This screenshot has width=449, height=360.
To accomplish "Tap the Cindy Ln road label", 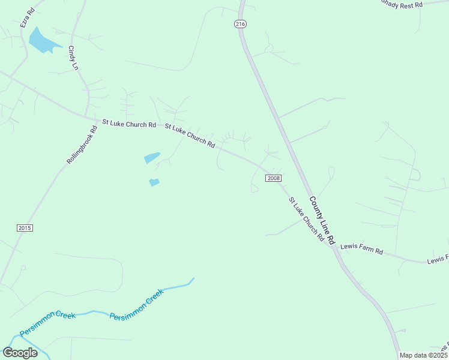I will (x=73, y=58).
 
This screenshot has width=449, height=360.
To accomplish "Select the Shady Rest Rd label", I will (x=402, y=4).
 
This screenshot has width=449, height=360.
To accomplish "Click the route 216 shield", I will (x=240, y=24).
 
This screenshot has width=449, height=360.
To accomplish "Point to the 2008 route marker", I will (x=274, y=178).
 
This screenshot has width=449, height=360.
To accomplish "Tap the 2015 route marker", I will (x=25, y=228).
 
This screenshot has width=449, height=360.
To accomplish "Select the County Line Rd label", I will (x=321, y=220).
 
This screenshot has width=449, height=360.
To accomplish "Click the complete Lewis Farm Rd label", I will (x=361, y=248).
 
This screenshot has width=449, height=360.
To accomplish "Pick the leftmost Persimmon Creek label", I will (x=47, y=324).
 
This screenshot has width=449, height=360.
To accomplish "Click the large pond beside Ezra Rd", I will (x=41, y=40).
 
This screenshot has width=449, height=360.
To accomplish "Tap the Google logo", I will (x=20, y=353).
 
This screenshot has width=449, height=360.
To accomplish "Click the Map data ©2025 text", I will (x=423, y=355).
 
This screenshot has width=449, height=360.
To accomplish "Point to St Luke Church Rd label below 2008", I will (x=306, y=219).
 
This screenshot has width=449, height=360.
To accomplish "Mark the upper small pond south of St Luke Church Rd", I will (x=152, y=158).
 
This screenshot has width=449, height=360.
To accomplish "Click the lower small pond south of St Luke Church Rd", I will (x=154, y=182).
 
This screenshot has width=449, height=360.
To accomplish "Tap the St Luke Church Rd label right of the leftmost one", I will (x=190, y=136).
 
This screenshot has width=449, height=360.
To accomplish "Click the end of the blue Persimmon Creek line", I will (x=193, y=278).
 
